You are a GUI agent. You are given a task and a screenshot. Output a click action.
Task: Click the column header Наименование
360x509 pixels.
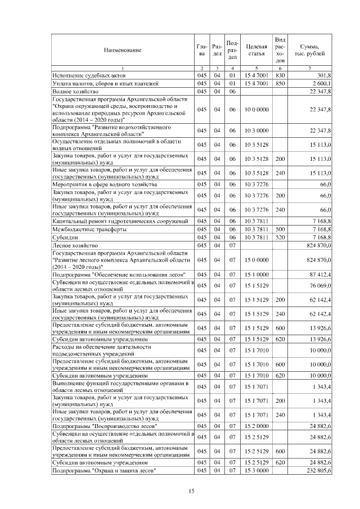point(122,50)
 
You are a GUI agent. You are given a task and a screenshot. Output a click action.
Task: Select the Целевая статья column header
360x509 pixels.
point(256,50)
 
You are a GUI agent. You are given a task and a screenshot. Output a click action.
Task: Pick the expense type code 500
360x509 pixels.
point(281,229)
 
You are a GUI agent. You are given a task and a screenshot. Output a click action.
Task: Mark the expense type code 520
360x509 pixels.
point(281,237)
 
